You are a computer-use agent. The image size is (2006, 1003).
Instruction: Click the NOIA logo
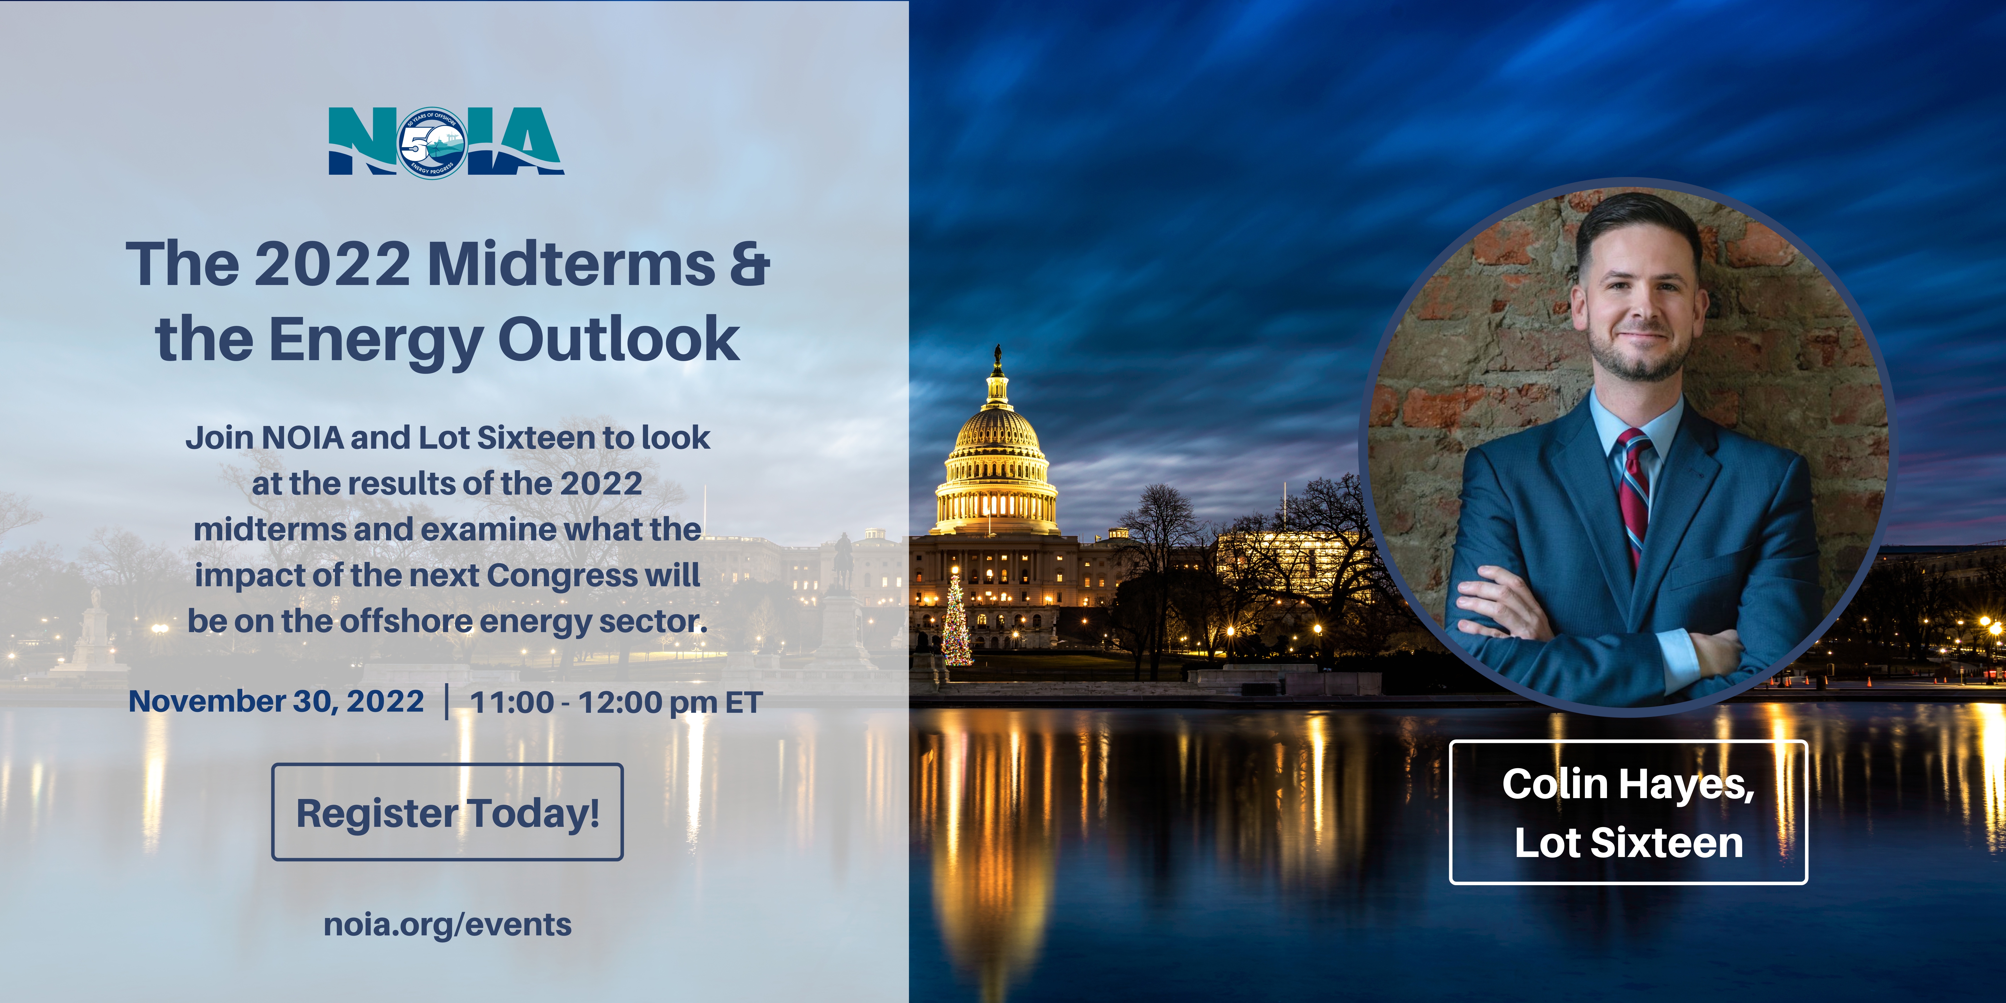(x=446, y=142)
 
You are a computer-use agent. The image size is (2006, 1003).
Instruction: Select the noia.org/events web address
(x=448, y=925)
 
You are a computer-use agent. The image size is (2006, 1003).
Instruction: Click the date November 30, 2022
(x=277, y=702)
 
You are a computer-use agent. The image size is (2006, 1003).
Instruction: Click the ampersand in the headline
(x=750, y=264)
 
